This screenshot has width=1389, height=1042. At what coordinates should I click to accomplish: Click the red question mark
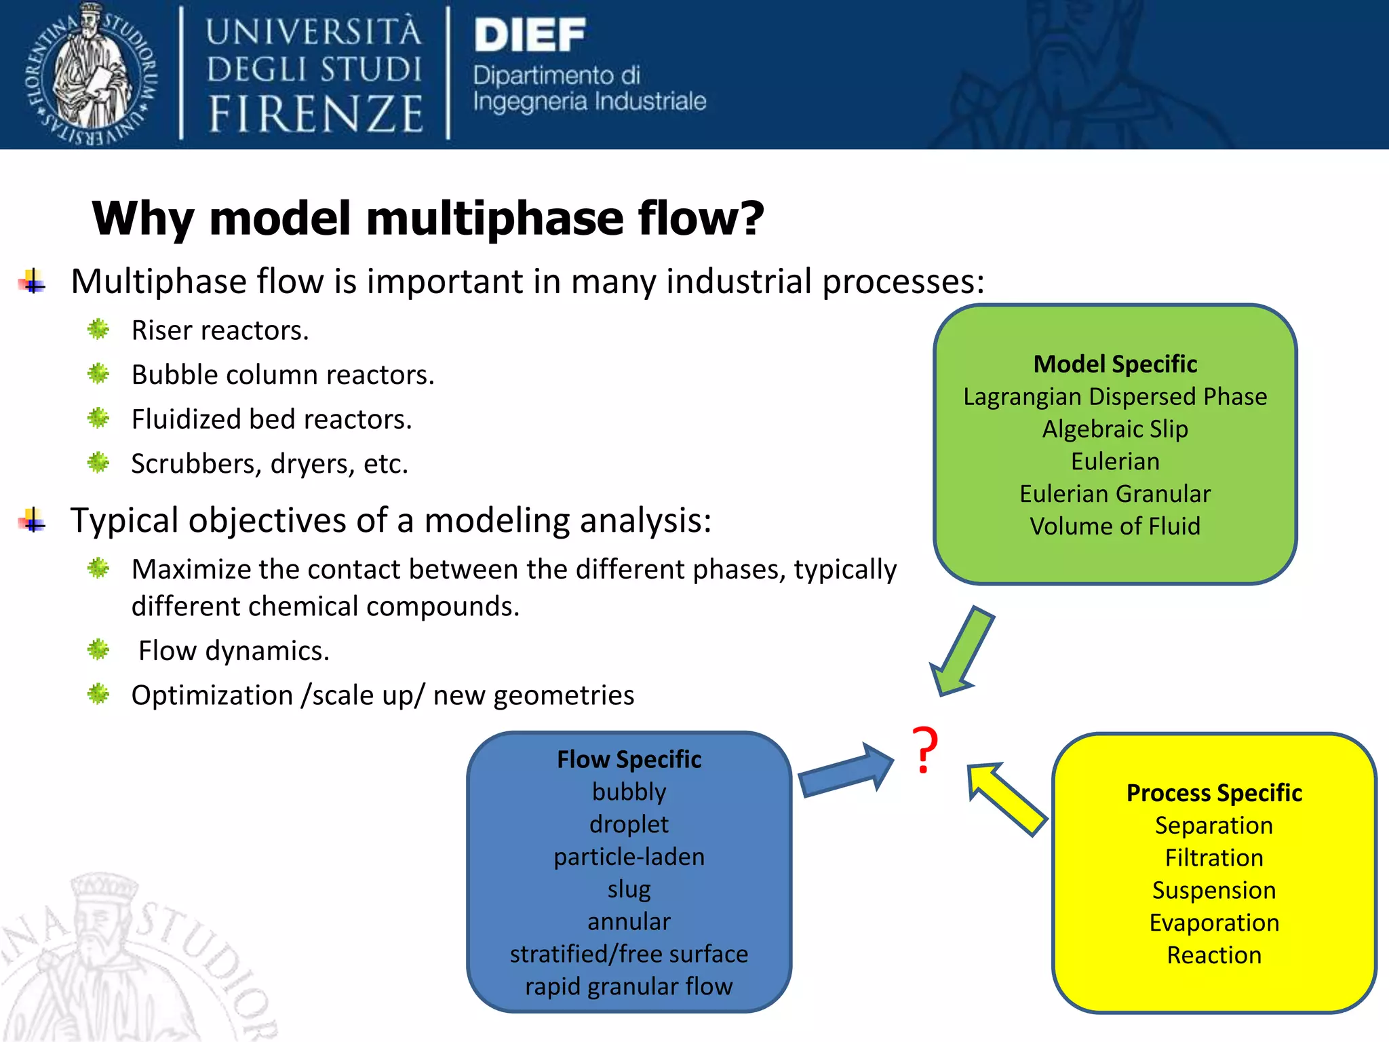pos(924,750)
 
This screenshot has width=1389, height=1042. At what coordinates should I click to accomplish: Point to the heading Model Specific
pos(1115,364)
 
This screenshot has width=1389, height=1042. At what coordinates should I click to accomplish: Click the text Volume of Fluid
pos(1115,526)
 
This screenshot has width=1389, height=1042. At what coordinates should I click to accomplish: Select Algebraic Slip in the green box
pos(1115,429)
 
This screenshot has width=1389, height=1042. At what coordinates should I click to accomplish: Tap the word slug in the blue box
pos(629,889)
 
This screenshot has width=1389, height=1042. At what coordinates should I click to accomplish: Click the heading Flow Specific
pos(629,760)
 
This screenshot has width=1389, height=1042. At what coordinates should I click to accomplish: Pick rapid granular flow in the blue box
pos(629,986)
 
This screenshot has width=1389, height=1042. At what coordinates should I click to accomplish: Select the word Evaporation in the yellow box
pos(1214,923)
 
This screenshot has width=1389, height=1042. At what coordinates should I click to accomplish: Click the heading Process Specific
pos(1214,793)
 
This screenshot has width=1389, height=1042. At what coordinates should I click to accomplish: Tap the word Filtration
pos(1214,858)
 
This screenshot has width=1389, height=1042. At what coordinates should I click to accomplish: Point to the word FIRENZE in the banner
pos(315,114)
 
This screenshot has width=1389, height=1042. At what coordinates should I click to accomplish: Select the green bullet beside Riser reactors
pos(98,330)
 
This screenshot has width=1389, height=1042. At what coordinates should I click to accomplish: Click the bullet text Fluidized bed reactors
pos(271,419)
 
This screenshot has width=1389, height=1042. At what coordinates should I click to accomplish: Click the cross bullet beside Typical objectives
pos(33,521)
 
